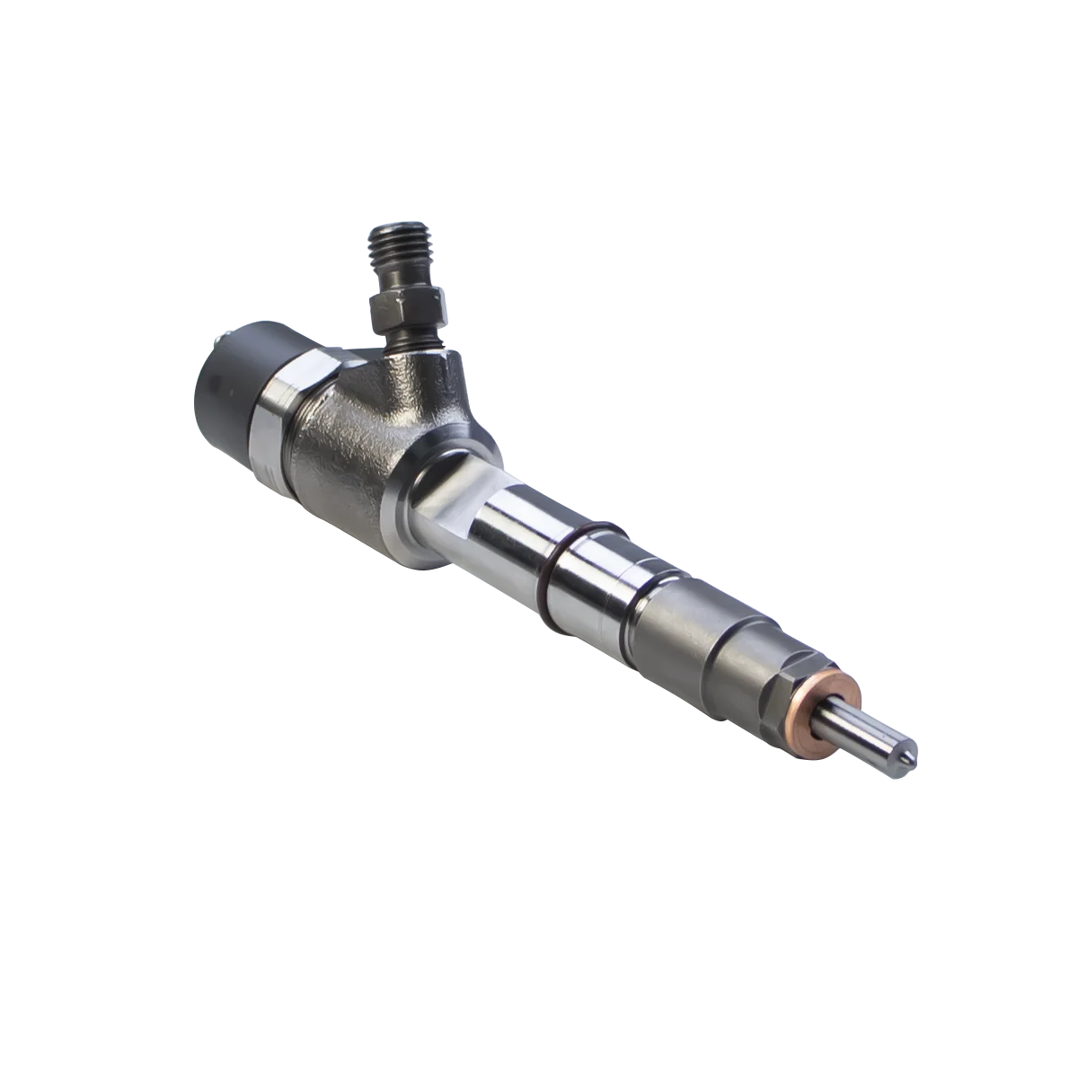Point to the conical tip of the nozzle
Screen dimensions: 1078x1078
coord(907,759)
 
